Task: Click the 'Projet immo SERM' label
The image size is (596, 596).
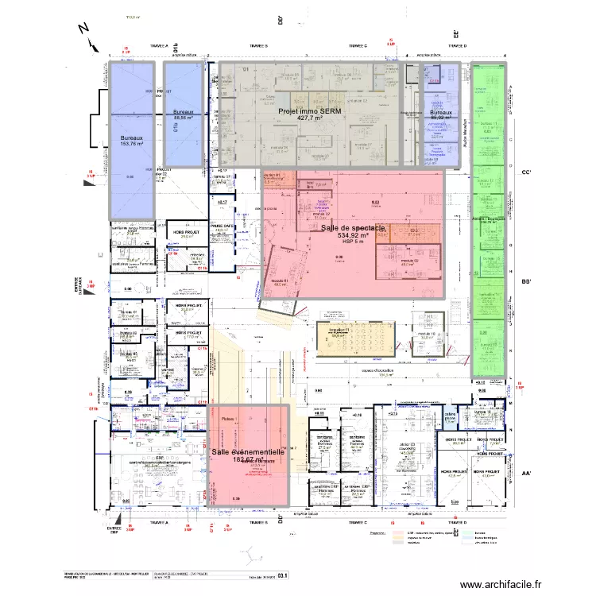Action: point(308,112)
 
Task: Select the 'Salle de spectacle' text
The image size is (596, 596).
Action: point(354,228)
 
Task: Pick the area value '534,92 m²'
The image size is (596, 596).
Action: point(354,236)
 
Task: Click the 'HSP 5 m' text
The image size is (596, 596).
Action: point(354,243)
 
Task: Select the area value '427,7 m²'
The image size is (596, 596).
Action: point(308,120)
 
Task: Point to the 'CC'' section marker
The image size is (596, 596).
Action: point(525,172)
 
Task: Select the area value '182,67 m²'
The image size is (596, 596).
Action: point(248,459)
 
